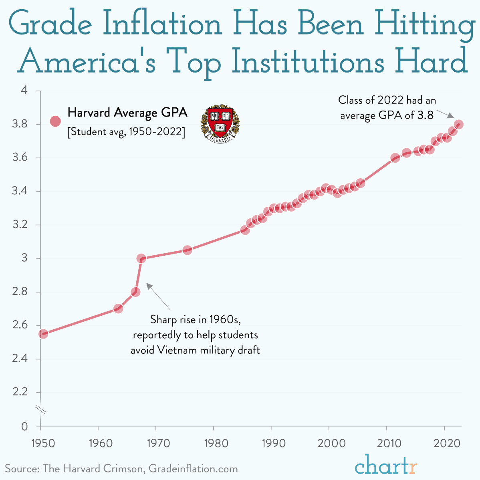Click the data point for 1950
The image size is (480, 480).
[x=43, y=334]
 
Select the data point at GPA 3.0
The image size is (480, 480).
[x=141, y=258]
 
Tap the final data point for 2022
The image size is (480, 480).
[x=459, y=125]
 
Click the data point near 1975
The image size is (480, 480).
[x=187, y=250]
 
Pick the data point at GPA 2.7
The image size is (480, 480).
[x=118, y=309]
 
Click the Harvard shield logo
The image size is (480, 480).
[x=220, y=124]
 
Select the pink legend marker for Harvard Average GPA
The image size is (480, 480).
[x=55, y=121]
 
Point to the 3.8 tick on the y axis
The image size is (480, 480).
[x=20, y=124]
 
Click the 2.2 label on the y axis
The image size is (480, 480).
[x=20, y=392]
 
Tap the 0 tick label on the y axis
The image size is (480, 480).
[x=25, y=427]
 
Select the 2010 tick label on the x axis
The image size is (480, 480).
[x=387, y=443]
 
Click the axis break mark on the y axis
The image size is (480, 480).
[x=41, y=409]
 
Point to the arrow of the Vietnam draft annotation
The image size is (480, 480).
[x=158, y=296]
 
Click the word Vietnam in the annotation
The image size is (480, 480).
[x=175, y=350]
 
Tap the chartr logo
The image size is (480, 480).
[x=386, y=466]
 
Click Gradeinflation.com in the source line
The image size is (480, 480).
[x=193, y=469]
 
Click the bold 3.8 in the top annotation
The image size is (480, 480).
[x=426, y=115]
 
